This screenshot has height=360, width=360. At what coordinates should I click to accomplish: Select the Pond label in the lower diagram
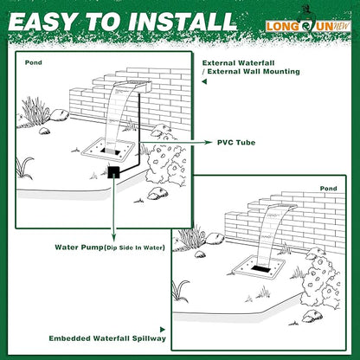click(x=330, y=187)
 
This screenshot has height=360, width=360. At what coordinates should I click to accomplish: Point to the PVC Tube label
click(x=236, y=139)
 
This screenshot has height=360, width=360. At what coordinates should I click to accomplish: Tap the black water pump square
click(x=113, y=172)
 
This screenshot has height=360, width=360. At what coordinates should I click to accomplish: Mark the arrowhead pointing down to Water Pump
click(x=113, y=233)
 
